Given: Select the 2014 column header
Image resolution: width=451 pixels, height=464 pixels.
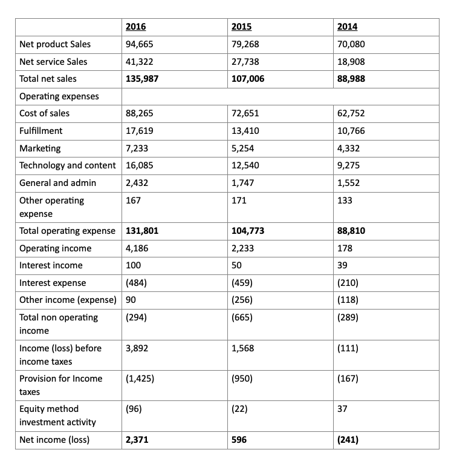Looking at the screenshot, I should pyautogui.click(x=347, y=27).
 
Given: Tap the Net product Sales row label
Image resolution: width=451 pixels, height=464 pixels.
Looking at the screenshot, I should pyautogui.click(x=55, y=44).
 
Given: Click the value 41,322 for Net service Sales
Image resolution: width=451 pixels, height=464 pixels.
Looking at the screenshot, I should pyautogui.click(x=139, y=61).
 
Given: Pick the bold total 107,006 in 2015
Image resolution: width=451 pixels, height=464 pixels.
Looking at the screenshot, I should pyautogui.click(x=248, y=78).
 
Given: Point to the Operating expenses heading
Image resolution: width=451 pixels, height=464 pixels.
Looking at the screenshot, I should pyautogui.click(x=59, y=96).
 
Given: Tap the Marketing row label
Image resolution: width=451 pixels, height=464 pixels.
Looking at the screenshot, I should pyautogui.click(x=40, y=148).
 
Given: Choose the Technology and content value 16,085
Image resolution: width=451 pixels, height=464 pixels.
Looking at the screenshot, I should pyautogui.click(x=139, y=165).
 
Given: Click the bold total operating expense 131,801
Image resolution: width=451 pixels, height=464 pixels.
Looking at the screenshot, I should pyautogui.click(x=141, y=231).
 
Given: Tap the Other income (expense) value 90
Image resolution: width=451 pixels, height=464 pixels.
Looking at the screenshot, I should pyautogui.click(x=131, y=299).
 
